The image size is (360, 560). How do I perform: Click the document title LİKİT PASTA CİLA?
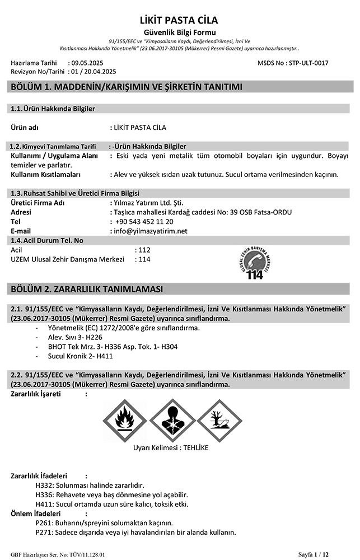tap(179, 21)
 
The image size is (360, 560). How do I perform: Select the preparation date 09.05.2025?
tap(86, 64)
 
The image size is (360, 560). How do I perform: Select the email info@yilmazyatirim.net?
tap(150, 231)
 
